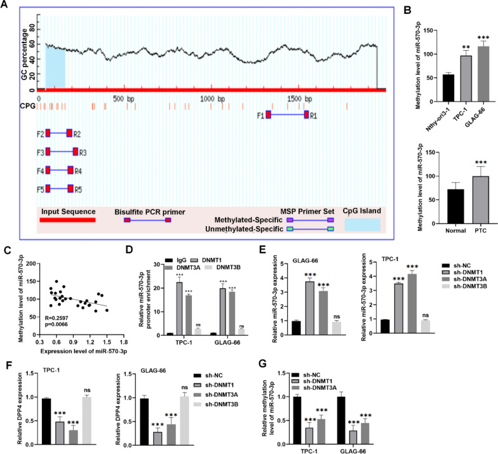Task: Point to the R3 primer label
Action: [83, 152]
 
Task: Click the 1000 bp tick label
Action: [213, 100]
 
